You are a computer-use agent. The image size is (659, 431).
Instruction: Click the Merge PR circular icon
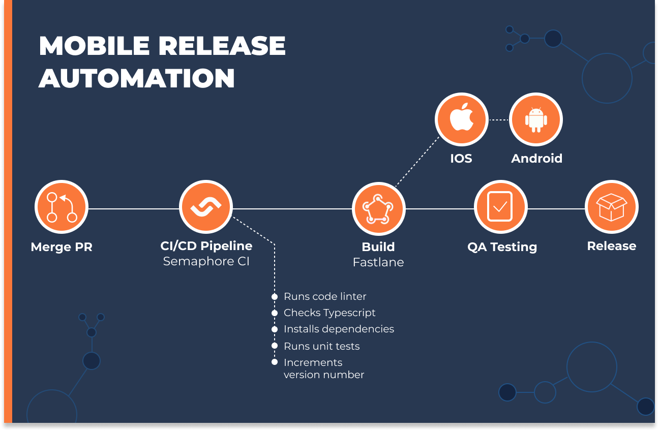click(x=62, y=208)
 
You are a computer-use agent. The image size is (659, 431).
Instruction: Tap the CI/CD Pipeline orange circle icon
click(x=206, y=207)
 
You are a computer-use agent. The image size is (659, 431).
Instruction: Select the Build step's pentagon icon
click(x=378, y=208)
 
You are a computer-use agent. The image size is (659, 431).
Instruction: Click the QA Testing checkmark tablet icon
click(x=500, y=208)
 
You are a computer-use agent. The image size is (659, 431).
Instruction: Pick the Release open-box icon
click(x=611, y=207)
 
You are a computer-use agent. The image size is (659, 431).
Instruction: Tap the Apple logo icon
click(x=461, y=119)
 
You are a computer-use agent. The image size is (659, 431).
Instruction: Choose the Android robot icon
click(x=536, y=119)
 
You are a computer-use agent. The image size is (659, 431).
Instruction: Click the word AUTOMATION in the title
click(x=137, y=78)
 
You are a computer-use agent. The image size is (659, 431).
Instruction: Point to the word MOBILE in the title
click(x=94, y=46)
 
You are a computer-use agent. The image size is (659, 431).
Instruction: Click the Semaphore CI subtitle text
click(x=206, y=262)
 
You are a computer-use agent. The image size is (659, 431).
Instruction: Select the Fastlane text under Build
click(x=378, y=263)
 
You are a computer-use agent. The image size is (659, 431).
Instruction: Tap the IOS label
click(x=461, y=159)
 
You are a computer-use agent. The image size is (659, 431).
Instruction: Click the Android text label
click(x=536, y=159)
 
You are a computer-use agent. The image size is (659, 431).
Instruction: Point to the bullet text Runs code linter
click(x=325, y=296)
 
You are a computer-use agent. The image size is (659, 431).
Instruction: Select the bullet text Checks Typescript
click(x=329, y=313)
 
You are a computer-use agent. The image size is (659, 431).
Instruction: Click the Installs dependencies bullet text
click(x=339, y=329)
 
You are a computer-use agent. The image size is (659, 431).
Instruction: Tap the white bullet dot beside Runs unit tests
click(x=275, y=346)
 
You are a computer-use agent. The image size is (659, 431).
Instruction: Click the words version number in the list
click(x=324, y=375)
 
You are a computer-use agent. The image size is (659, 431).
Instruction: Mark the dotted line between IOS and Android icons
click(x=498, y=120)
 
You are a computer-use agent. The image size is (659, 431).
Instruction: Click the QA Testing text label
click(x=502, y=247)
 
